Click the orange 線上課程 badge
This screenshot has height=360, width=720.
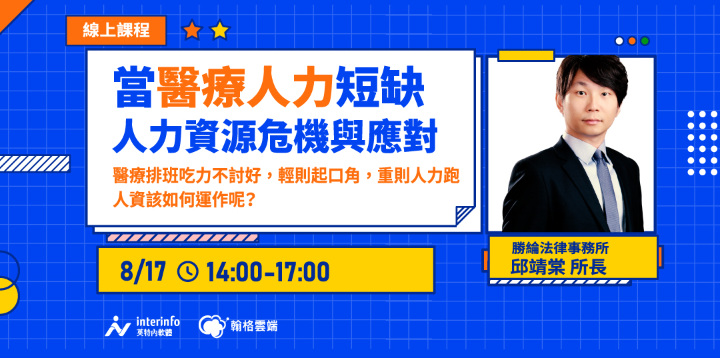(116, 30)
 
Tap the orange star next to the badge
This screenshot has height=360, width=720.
(192, 30)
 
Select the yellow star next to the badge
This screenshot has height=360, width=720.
(219, 30)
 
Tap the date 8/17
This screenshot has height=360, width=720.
(143, 271)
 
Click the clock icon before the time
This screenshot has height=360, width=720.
(188, 271)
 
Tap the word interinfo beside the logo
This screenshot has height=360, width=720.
(157, 321)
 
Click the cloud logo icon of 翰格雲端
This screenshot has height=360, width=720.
(211, 325)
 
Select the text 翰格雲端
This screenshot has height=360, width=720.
(253, 326)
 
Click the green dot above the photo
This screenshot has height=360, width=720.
(645, 41)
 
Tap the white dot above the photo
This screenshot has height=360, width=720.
(619, 41)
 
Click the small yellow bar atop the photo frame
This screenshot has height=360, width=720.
(526, 55)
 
